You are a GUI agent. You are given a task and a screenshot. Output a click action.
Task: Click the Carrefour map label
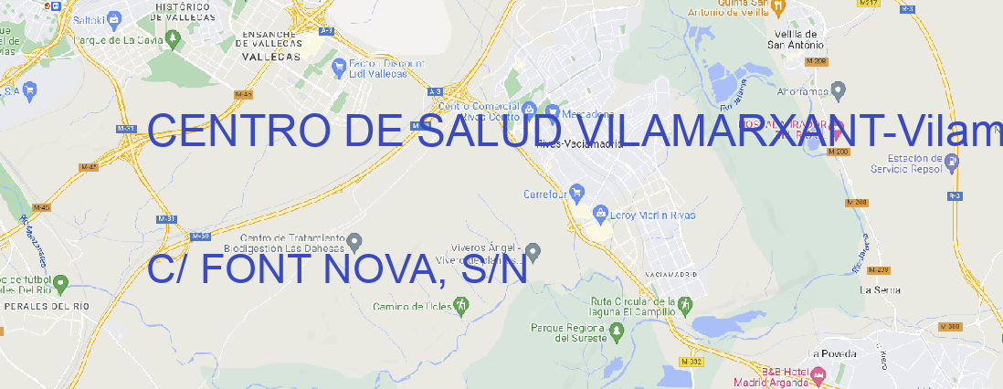pos(546,194)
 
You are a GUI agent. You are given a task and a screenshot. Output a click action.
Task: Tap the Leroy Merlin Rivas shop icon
pos(600,214)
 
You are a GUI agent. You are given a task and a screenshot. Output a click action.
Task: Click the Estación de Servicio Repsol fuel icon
pos(952,163)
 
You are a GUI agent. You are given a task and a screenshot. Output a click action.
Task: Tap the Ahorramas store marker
pos(839,90)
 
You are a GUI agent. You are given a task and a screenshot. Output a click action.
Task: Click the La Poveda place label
pos(832,352)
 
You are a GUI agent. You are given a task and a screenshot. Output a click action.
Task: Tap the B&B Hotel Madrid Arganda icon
pos(818,373)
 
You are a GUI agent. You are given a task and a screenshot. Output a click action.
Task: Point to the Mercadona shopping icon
pos(553,114)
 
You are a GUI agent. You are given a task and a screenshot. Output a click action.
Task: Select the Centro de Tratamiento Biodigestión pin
pos(355,241)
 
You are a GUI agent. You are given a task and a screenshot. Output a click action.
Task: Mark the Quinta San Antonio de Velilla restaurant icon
pos(778,7)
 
